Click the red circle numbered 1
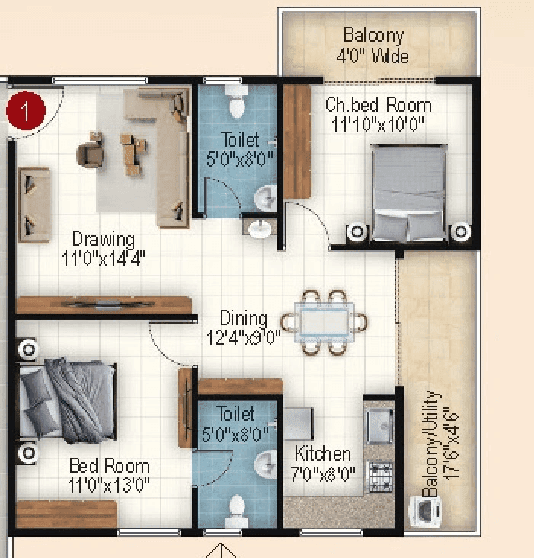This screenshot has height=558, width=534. tap(26, 111)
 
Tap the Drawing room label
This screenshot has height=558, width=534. tap(103, 240)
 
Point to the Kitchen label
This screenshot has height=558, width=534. tap(323, 454)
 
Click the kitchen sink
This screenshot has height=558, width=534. tap(379, 425)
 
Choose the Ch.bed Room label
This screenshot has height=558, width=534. tap(378, 105)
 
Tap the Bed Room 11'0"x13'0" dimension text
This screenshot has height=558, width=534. tap(109, 484)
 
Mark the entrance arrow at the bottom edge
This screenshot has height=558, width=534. tap(222, 550)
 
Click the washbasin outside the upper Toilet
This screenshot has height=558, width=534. tap(260, 227)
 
